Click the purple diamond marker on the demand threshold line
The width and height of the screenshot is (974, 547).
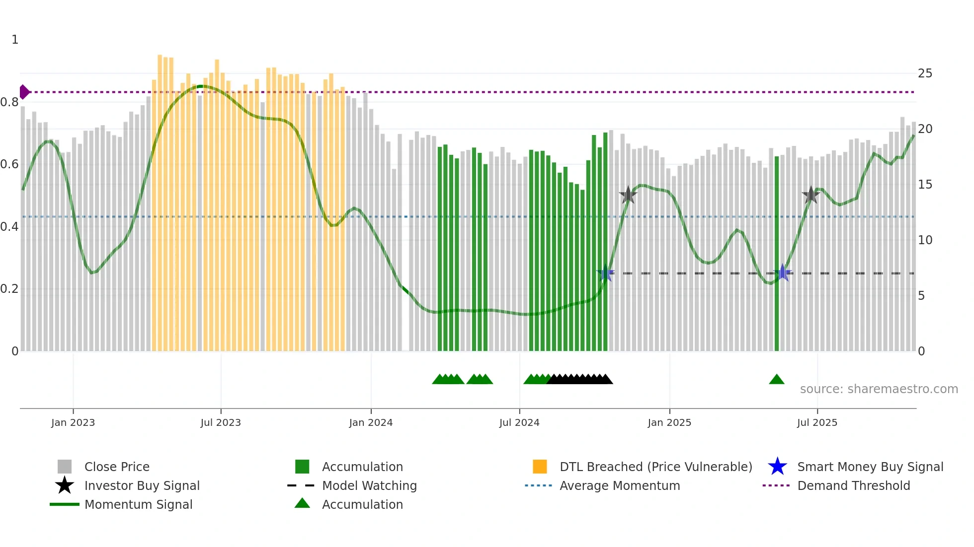click(x=24, y=92)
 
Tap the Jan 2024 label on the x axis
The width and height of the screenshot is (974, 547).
click(x=371, y=422)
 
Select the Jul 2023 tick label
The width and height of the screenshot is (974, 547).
click(x=221, y=422)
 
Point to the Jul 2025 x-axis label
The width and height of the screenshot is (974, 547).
click(x=817, y=422)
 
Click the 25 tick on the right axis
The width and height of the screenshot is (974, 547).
click(x=925, y=73)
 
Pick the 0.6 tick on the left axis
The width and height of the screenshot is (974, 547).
click(x=9, y=164)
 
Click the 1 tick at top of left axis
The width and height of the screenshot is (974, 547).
click(x=15, y=40)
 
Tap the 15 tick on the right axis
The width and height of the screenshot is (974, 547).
click(x=925, y=185)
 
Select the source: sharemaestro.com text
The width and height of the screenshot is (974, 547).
click(x=879, y=389)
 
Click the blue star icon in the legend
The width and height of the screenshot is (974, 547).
click(x=777, y=467)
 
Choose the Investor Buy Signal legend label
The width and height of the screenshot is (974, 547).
click(x=142, y=485)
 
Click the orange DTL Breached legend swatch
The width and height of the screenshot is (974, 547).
click(x=540, y=467)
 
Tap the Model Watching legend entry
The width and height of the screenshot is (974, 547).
click(x=369, y=485)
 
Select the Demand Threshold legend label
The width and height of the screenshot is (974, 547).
click(x=853, y=485)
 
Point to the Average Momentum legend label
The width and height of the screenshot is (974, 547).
click(x=620, y=485)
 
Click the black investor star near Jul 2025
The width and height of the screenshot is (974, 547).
click(x=811, y=195)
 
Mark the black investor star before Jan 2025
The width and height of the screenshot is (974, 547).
click(x=628, y=195)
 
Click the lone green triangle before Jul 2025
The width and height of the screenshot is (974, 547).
click(x=776, y=380)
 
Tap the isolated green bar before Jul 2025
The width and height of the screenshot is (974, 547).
click(x=777, y=253)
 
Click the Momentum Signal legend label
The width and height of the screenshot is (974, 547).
click(x=138, y=504)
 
